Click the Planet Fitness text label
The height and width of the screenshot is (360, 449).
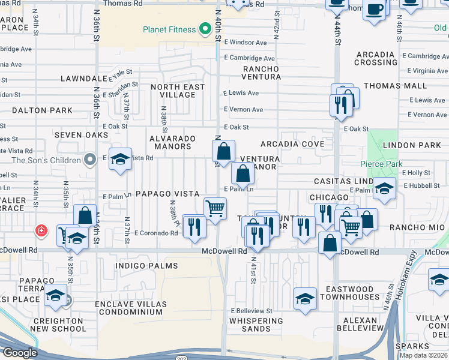click(169, 29)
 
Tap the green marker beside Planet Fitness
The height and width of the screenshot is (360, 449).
click(205, 28)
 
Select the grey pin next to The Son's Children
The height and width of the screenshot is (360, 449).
click(90, 160)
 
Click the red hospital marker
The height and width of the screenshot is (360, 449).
click(41, 230)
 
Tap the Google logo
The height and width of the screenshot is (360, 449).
click(20, 353)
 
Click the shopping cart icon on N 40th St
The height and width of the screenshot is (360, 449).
click(215, 208)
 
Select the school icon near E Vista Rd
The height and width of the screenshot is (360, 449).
click(121, 159)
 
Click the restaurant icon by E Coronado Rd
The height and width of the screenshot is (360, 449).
click(194, 226)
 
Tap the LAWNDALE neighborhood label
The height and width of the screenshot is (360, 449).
click(83, 79)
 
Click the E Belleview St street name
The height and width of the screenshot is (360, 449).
click(252, 311)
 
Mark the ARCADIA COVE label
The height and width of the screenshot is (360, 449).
click(292, 144)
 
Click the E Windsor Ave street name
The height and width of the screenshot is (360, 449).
click(245, 43)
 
